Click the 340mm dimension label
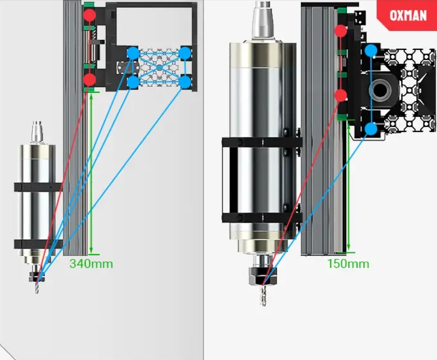91,264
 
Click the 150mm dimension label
348,264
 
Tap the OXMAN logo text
408,15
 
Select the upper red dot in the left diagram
90,15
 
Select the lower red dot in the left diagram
90,80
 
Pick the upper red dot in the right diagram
341,31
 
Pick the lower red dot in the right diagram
341,96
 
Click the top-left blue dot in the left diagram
133,53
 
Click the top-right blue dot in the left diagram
185,53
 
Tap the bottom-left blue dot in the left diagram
133,82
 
